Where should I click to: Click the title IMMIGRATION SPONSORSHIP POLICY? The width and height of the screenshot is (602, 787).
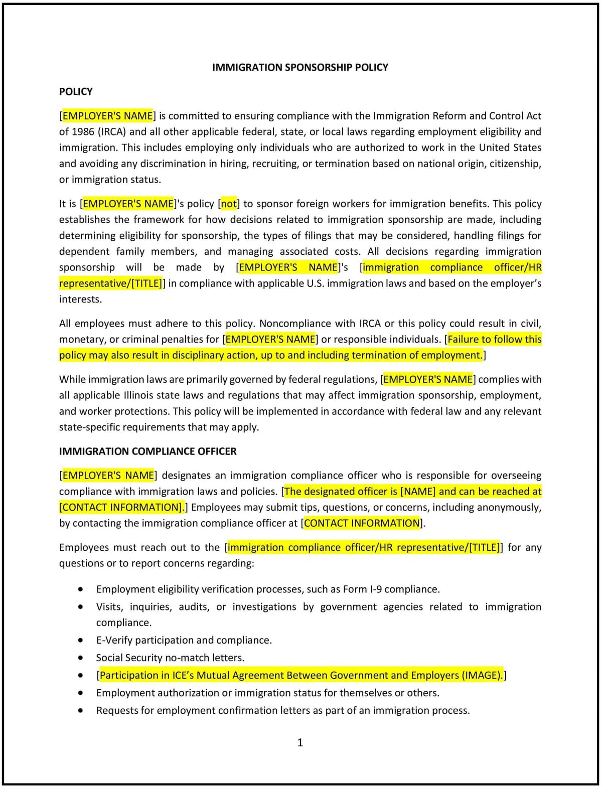pyautogui.click(x=300, y=67)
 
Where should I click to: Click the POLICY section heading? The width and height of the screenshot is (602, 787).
pyautogui.click(x=76, y=92)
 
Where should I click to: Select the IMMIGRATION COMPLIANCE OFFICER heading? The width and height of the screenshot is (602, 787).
pyautogui.click(x=147, y=451)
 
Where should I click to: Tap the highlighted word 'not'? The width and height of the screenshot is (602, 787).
pyautogui.click(x=229, y=204)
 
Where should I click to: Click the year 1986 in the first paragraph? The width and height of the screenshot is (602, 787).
pyautogui.click(x=83, y=132)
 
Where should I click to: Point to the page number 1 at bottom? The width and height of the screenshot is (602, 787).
pyautogui.click(x=300, y=743)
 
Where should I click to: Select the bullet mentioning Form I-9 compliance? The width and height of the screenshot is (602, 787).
pyautogui.click(x=268, y=589)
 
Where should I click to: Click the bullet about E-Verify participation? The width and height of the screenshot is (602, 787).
pyautogui.click(x=184, y=641)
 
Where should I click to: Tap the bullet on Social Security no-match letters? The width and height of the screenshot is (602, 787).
pyautogui.click(x=170, y=658)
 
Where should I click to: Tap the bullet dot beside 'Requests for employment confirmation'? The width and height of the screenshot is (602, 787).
pyautogui.click(x=81, y=711)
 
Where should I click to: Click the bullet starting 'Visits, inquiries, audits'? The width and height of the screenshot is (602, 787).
pyautogui.click(x=318, y=607)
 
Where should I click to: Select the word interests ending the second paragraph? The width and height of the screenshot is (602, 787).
pyautogui.click(x=80, y=299)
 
